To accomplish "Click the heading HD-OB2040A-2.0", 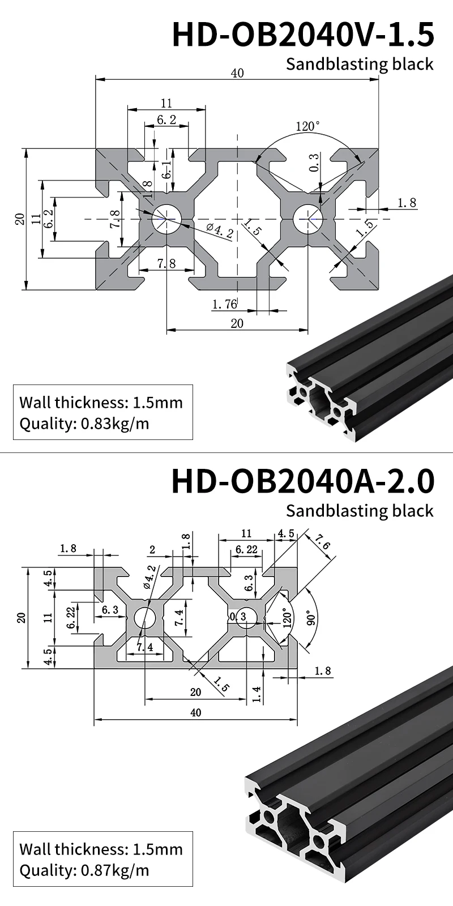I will (x=303, y=481).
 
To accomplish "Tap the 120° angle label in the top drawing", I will (x=307, y=126).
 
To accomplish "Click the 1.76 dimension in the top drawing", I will (x=224, y=304).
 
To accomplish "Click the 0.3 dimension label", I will (x=314, y=162).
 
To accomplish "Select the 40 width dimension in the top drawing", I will (x=237, y=73).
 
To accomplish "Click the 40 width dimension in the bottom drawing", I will (x=195, y=712).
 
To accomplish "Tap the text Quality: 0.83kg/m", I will (x=84, y=424).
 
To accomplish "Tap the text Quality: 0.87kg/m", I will (x=84, y=870).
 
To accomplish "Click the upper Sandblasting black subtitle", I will (x=360, y=64).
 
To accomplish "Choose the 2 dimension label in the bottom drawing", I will (x=152, y=549).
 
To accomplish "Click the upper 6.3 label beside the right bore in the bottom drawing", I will (x=249, y=583).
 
